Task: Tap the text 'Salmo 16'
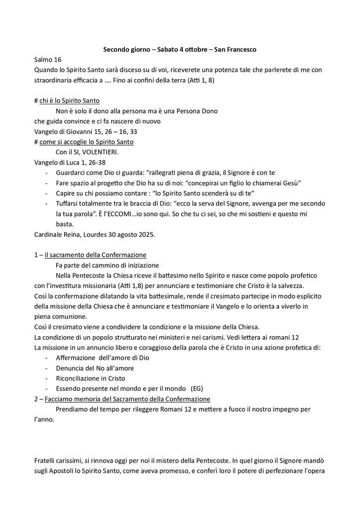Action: click(x=47, y=59)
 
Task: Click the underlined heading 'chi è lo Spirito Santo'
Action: click(x=70, y=101)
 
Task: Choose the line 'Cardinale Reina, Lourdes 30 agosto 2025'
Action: click(x=94, y=234)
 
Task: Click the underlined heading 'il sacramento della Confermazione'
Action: click(x=95, y=255)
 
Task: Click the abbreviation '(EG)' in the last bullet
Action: click(x=197, y=388)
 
